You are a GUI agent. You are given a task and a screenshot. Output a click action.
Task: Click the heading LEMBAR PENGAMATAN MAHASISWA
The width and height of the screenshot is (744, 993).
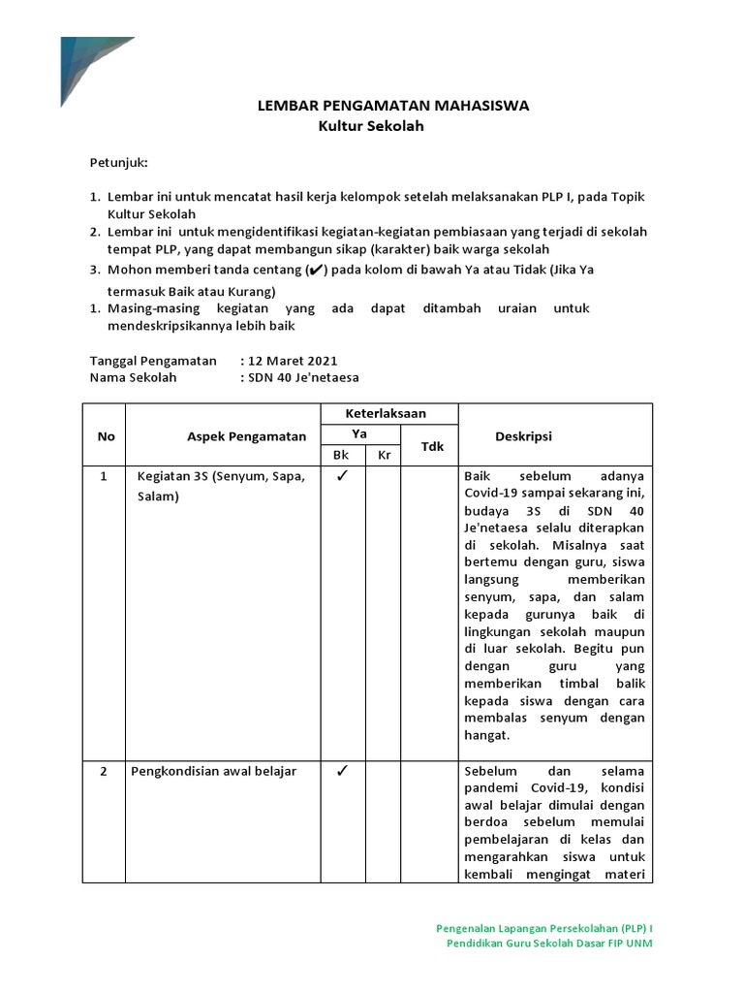tap(392, 107)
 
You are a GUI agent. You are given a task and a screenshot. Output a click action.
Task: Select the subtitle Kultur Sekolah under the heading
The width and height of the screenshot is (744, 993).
tap(372, 126)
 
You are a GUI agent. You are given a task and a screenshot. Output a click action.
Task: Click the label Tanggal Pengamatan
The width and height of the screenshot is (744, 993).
tap(153, 360)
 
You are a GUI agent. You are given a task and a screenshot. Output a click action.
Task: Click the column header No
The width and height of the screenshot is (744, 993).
tap(106, 436)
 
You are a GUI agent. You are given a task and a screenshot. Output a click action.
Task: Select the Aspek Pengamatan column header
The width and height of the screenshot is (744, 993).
tap(246, 436)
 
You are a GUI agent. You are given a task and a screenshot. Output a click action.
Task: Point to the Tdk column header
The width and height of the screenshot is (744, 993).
tap(430, 446)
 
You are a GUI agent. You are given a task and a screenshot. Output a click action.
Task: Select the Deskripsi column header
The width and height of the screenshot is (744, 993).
tap(523, 436)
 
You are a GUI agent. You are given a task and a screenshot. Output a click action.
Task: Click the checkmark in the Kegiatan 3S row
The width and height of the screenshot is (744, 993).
tap(341, 477)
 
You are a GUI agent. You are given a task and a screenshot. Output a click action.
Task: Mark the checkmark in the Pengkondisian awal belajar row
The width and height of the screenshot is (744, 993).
tap(341, 772)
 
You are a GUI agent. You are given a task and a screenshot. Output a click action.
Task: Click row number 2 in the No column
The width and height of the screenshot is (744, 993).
tap(106, 772)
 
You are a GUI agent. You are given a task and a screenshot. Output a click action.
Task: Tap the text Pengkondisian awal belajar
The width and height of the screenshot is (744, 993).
tap(216, 772)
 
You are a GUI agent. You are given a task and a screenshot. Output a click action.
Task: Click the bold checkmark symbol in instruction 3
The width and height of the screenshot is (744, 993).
tap(315, 271)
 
